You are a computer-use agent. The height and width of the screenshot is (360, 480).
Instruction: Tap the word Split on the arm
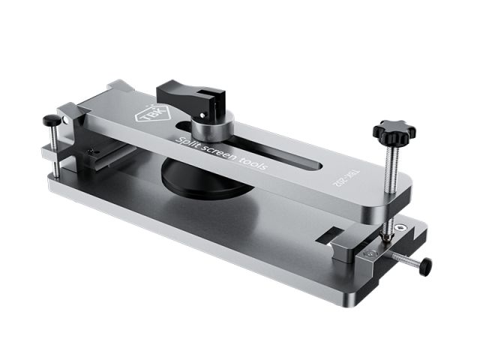click(187, 144)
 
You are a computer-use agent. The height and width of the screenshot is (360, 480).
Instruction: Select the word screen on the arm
click(220, 154)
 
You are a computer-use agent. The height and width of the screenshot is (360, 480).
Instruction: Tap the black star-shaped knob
click(394, 133)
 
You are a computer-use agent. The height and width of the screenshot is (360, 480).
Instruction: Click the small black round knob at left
click(52, 120)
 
